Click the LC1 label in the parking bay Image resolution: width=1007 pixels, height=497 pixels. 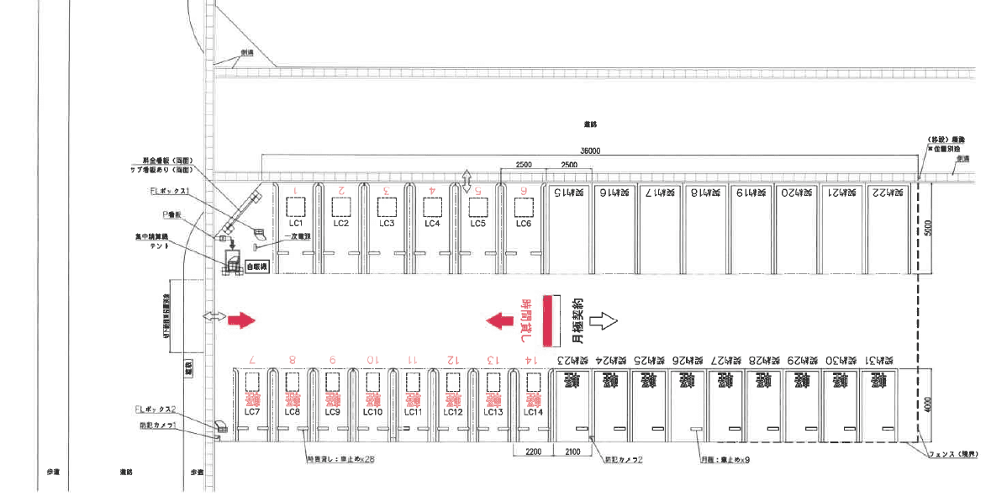tap(295, 224)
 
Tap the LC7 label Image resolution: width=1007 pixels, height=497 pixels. tap(251, 412)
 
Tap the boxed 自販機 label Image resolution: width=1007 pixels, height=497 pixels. tap(256, 267)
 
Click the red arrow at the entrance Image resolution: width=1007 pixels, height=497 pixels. tap(241, 320)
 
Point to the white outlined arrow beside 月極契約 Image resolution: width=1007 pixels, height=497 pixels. tap(604, 320)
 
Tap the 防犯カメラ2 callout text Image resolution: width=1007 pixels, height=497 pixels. tap(624, 460)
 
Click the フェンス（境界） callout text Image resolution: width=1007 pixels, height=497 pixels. tap(954, 455)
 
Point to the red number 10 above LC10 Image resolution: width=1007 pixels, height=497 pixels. tap(372, 361)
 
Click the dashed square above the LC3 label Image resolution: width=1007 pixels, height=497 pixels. tap(386, 207)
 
